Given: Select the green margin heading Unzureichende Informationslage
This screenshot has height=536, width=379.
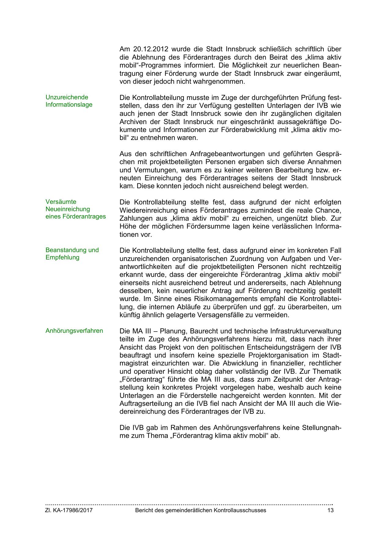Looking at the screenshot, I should tap(69, 101).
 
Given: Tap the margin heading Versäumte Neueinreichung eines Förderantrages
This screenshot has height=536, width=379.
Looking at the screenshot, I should tap(75, 209).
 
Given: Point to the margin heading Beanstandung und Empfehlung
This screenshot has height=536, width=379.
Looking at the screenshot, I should tap(72, 254).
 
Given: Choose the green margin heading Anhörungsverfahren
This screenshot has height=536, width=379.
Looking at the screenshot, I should tap(74, 331).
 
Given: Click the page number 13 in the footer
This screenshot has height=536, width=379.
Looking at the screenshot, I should tap(330, 510).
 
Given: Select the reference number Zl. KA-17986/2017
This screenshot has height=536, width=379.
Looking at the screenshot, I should tap(69, 510).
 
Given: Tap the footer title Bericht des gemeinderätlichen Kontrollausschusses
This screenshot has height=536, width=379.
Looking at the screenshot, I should tap(201, 510).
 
